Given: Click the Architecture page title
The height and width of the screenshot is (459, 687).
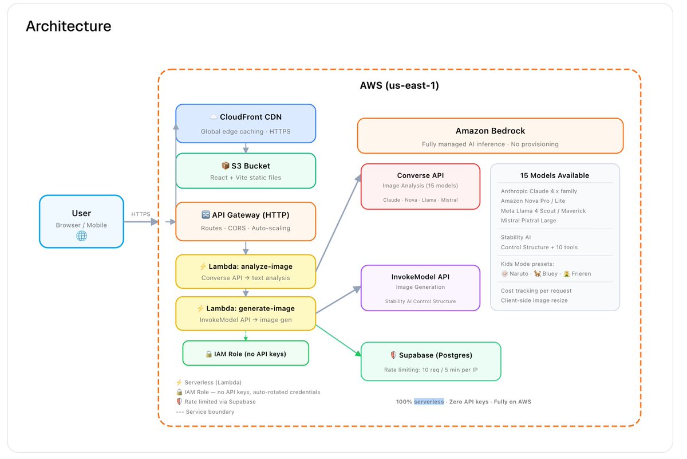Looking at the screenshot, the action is [68, 26].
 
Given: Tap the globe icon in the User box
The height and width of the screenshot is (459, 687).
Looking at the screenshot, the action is [81, 236].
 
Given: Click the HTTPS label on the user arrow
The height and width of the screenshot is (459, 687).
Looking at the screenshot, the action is [141, 214].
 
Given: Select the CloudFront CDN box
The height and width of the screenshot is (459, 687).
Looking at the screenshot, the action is [246, 123].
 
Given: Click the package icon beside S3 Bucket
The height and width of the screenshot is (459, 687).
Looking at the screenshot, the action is [226, 166].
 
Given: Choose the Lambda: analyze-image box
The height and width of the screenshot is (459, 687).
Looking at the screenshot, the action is [246, 272].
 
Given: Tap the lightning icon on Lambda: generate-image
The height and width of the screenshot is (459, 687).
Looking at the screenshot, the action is [200, 308].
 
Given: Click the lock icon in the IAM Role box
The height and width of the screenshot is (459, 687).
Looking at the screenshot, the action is [209, 354].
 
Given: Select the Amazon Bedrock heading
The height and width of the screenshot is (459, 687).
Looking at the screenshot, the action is [490, 131].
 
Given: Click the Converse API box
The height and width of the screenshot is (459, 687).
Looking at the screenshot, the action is [420, 186].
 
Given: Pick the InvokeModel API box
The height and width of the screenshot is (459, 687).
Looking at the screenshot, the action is [420, 288].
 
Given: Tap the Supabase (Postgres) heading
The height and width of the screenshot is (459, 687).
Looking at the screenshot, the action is [436, 355].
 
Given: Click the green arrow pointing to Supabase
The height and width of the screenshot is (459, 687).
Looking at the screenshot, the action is [338, 340].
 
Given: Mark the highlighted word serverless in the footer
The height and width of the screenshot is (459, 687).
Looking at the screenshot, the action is [429, 402].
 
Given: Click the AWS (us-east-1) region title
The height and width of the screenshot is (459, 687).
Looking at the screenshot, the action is [400, 85].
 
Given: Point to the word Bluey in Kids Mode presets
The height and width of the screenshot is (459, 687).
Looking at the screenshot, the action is [550, 273].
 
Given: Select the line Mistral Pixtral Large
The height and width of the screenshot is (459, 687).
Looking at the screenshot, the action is [528, 221].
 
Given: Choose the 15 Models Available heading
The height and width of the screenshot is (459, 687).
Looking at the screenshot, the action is [555, 175].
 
